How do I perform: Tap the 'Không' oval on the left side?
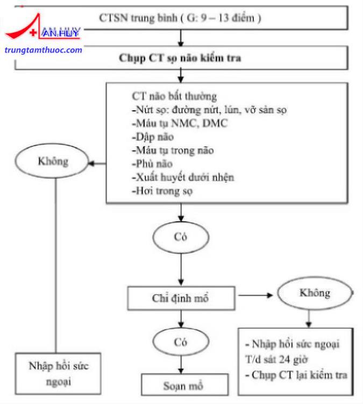[x=52, y=161]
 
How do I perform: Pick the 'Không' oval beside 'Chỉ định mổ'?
[x=315, y=293]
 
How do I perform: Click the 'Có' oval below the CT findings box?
[x=181, y=237]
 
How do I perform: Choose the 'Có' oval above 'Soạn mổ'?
[x=181, y=342]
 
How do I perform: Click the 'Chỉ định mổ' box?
[x=181, y=298]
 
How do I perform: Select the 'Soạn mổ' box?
[x=184, y=385]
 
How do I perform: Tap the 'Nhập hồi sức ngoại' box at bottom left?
[x=58, y=373]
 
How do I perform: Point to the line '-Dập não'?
[x=153, y=137]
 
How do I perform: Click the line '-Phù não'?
[x=152, y=164]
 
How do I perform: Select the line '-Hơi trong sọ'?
[x=162, y=191]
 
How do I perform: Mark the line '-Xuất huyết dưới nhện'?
[x=183, y=178]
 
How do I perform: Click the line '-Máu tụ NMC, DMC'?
[x=180, y=123]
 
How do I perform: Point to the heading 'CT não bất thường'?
[x=174, y=96]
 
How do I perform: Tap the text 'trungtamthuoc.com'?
[x=43, y=50]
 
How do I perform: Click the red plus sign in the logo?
[x=33, y=32]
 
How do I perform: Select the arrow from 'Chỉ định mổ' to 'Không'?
[x=255, y=295]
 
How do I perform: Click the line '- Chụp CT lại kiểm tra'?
[x=296, y=375]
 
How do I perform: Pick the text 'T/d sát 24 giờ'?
[x=276, y=359]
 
